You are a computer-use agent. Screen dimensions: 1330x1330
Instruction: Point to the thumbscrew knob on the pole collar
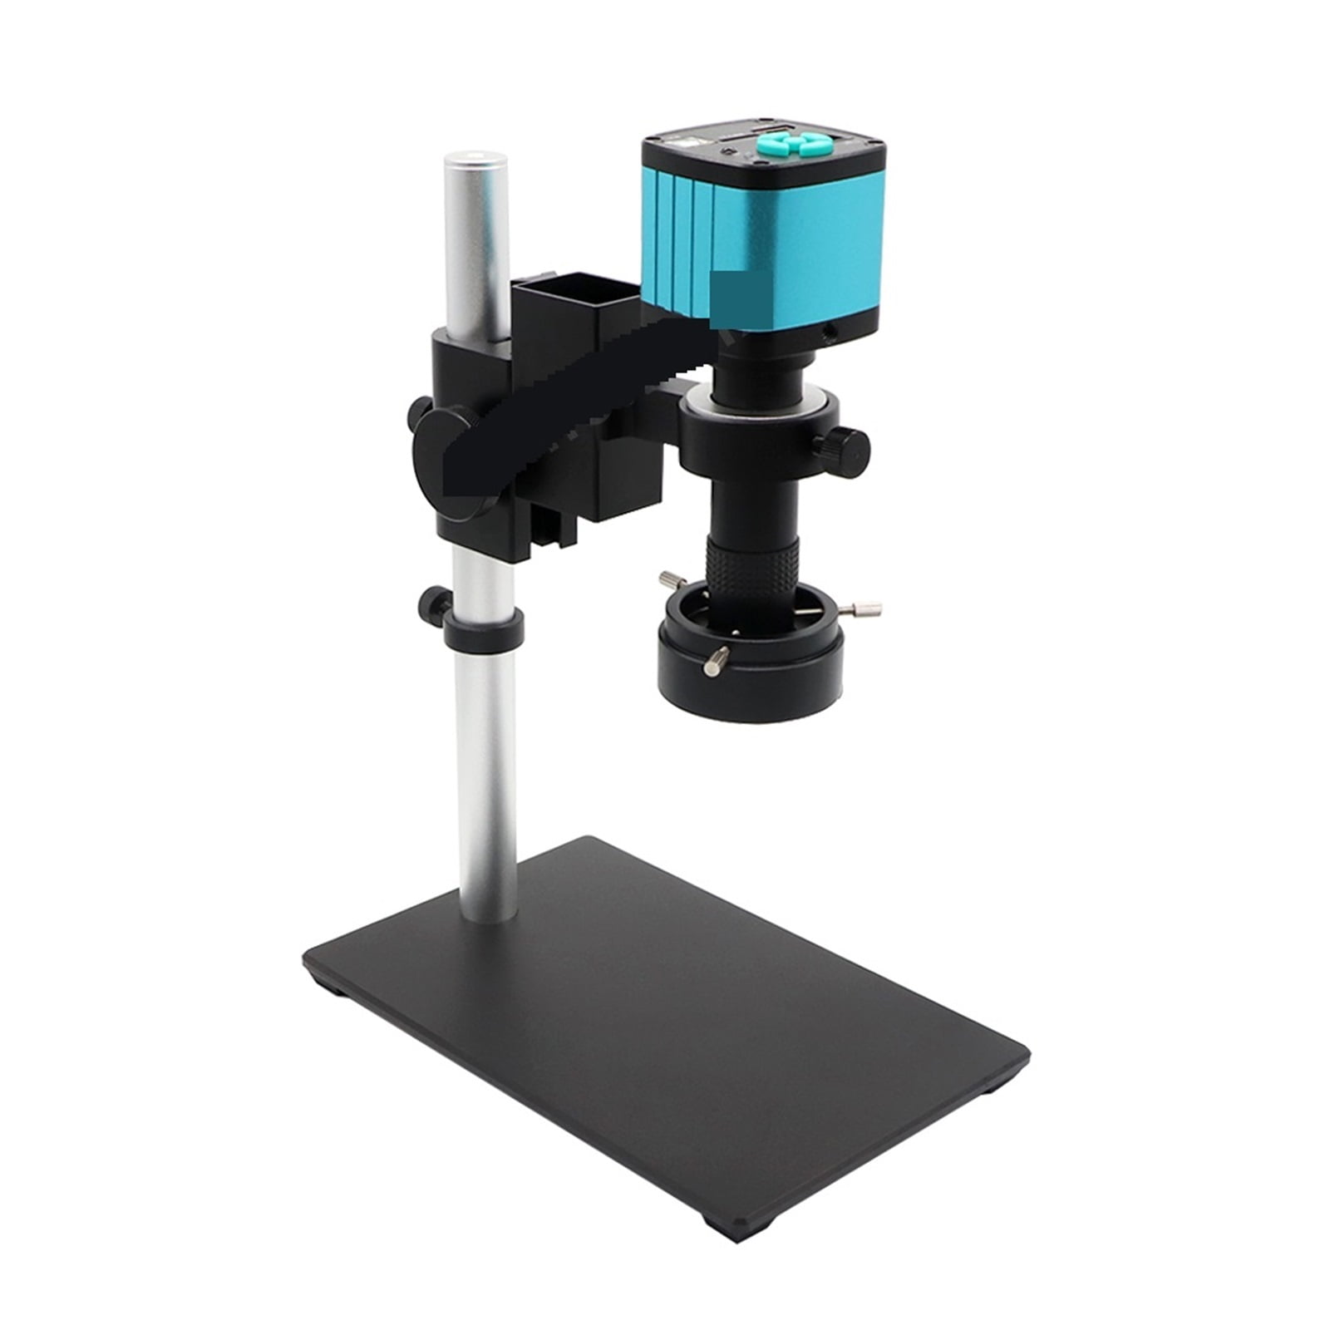[x=434, y=599]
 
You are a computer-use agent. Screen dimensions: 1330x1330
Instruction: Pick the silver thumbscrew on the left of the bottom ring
[x=671, y=579]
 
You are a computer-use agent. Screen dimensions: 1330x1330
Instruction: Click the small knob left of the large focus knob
[x=421, y=411]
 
